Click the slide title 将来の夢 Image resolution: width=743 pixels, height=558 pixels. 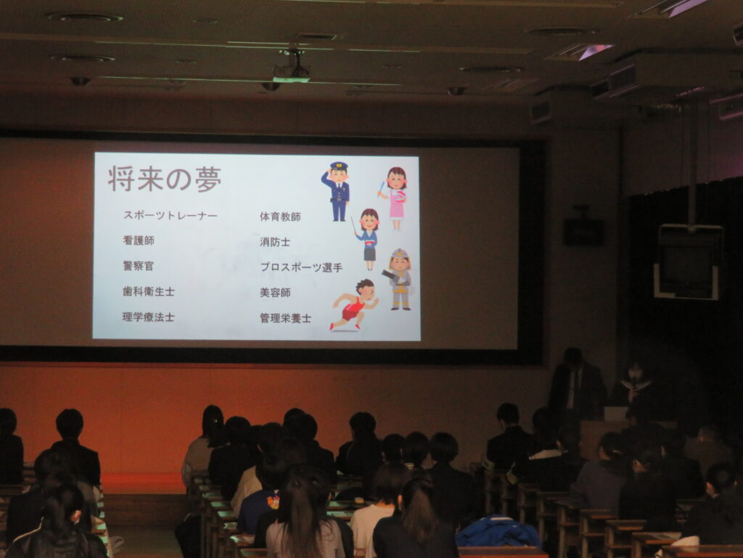(165, 179)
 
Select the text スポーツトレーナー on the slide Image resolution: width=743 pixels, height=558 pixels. (170, 215)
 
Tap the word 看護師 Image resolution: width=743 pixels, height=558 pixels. (139, 240)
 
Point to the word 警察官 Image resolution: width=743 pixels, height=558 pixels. (139, 266)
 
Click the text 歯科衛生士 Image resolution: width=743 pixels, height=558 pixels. (148, 291)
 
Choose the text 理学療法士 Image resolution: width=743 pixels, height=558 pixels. (148, 317)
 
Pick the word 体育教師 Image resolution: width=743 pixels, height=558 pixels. (280, 217)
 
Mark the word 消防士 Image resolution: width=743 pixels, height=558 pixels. (275, 242)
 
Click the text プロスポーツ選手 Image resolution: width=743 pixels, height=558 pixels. (301, 267)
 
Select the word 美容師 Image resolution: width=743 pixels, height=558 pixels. (275, 293)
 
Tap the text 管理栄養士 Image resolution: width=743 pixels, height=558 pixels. (285, 318)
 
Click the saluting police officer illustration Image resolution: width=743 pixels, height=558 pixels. (337, 192)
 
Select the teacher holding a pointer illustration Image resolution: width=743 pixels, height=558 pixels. (366, 239)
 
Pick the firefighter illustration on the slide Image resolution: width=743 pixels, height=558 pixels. (398, 280)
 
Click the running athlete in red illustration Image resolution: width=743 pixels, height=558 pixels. (355, 304)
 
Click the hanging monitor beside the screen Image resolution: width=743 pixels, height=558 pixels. (688, 262)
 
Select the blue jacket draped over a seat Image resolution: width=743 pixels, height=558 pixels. (498, 531)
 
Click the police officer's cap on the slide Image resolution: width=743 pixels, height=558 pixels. (339, 166)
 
